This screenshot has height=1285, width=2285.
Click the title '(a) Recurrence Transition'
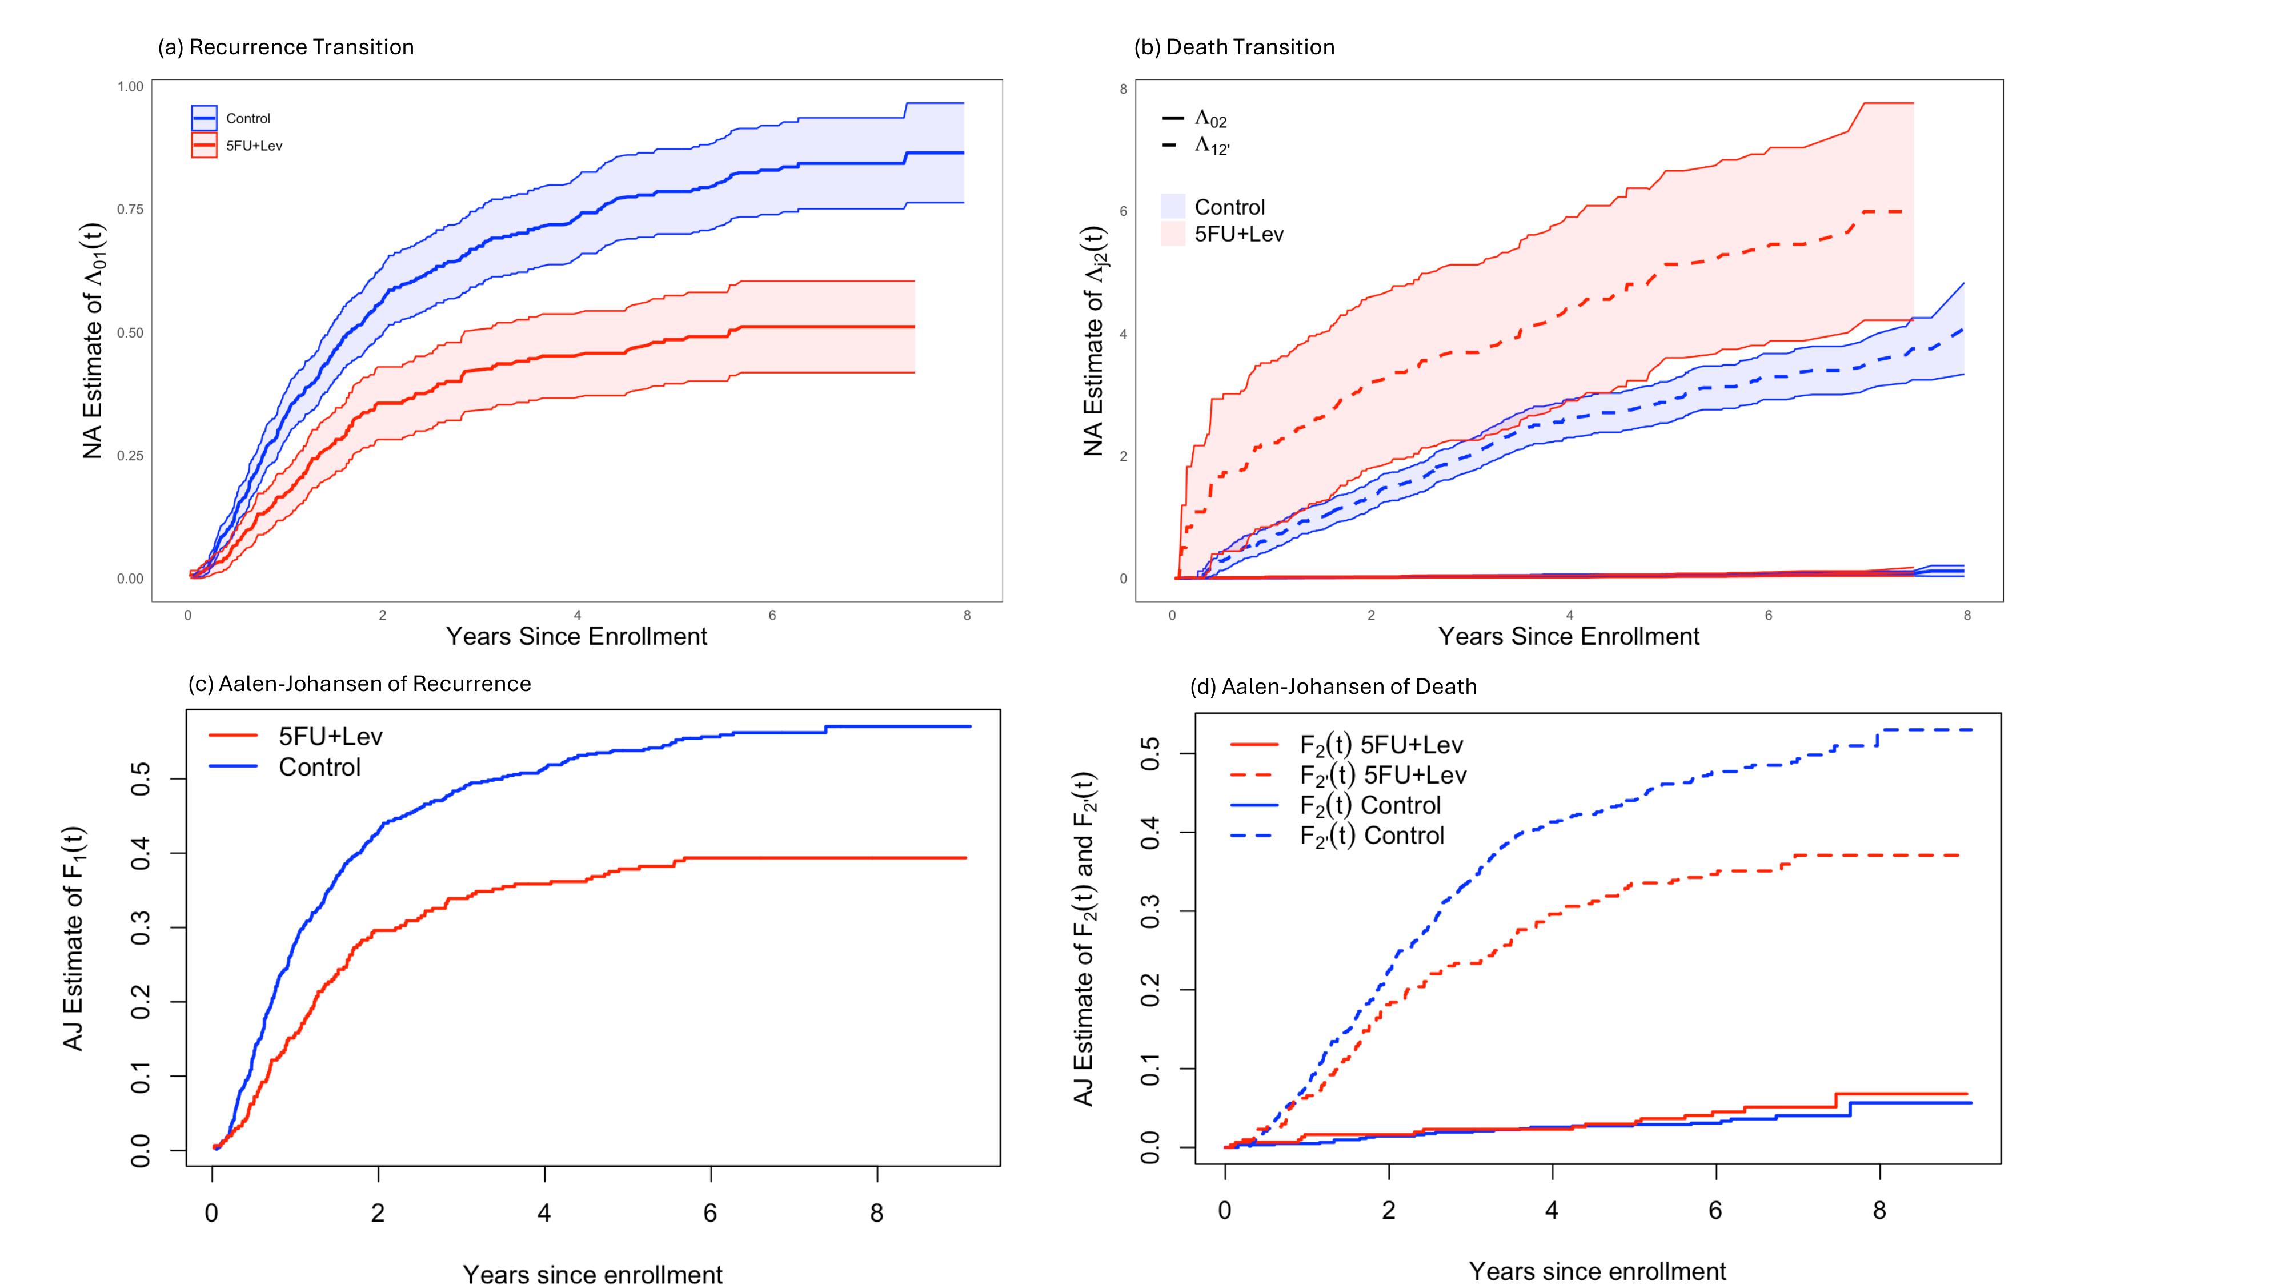[286, 47]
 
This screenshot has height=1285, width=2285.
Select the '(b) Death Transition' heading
[1234, 47]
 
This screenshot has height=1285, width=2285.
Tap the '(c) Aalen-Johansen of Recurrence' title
[359, 684]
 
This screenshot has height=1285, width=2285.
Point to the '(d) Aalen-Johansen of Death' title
[1333, 686]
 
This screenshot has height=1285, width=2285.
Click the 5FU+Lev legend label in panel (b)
[1238, 234]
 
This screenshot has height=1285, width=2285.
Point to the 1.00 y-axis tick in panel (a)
[130, 86]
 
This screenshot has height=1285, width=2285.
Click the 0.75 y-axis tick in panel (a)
[130, 209]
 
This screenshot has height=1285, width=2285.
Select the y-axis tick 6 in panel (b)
[1123, 211]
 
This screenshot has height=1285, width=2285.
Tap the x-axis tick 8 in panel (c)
[876, 1213]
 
